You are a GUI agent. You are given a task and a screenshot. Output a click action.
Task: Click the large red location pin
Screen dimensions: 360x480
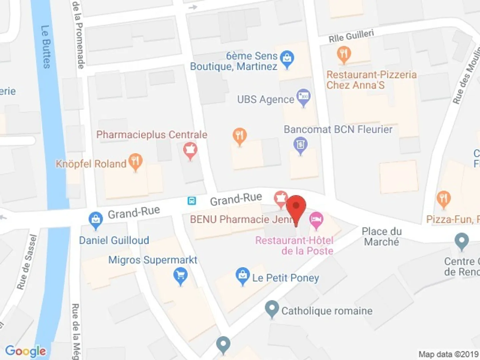click(x=296, y=207)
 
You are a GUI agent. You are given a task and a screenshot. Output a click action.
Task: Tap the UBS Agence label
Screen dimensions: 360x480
click(x=265, y=99)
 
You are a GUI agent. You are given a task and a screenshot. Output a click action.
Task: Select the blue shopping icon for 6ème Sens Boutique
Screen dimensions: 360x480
click(x=287, y=59)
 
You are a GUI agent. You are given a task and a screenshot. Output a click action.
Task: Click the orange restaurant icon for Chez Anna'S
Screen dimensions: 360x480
click(x=344, y=54)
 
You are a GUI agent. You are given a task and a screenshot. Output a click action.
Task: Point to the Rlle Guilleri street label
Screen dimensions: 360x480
click(x=351, y=36)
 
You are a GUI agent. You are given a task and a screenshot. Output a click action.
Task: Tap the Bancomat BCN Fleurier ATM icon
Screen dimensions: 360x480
click(x=300, y=145)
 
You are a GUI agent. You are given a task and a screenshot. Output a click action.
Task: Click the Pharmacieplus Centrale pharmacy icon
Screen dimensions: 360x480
click(x=190, y=150)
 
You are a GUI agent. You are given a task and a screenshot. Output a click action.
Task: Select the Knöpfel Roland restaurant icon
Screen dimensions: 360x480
click(x=135, y=162)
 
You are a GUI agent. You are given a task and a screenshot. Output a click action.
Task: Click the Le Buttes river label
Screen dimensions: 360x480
click(x=46, y=47)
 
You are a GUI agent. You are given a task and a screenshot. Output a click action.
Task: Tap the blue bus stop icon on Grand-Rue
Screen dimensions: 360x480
click(x=192, y=201)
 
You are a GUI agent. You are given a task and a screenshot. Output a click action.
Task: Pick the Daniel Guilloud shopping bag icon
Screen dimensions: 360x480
click(x=96, y=220)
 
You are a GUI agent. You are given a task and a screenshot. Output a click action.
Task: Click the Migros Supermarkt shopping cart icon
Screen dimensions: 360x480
click(x=180, y=276)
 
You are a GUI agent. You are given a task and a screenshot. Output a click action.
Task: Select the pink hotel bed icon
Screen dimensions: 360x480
click(x=316, y=220)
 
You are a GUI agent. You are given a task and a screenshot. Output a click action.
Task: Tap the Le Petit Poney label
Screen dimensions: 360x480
click(x=285, y=278)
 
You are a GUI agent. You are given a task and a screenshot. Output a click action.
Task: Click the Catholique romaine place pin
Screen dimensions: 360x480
click(x=272, y=309)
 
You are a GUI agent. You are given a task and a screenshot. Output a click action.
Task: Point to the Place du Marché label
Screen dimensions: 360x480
click(x=382, y=236)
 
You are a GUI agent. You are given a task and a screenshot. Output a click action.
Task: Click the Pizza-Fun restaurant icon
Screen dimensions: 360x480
click(x=443, y=199)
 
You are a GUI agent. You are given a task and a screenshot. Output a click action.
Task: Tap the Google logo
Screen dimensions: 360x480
click(x=26, y=351)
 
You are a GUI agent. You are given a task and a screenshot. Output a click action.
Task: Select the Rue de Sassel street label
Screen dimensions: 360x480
click(x=27, y=262)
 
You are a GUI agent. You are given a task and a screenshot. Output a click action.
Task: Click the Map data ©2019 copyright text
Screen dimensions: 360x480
click(x=448, y=354)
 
